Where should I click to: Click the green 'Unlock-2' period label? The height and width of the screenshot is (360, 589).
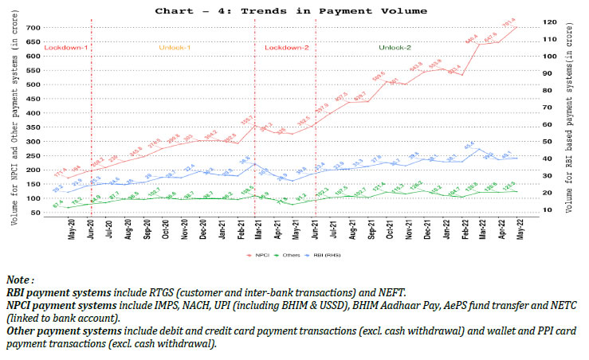pos(395,49)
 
